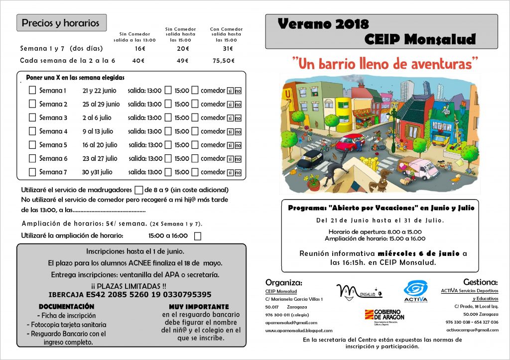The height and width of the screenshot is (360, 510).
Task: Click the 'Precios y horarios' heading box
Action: [x=61, y=23]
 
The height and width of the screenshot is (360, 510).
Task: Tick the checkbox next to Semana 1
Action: [x=32, y=91]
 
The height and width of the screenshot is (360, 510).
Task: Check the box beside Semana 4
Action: [x=32, y=131]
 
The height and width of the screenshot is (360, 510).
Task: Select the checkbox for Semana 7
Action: [x=32, y=172]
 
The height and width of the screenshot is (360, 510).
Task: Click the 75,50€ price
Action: [x=224, y=61]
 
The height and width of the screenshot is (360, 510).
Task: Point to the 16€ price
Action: [x=139, y=49]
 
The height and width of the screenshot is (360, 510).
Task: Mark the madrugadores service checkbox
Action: [x=138, y=190]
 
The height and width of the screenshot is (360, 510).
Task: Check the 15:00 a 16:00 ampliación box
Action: [x=198, y=236]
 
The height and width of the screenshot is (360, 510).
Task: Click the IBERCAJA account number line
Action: [x=130, y=294]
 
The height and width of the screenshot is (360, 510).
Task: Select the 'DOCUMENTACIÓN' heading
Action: [x=66, y=307]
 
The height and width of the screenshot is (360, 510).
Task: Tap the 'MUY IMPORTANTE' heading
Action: [x=199, y=307]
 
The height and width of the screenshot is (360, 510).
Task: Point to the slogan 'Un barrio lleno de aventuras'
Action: [x=384, y=64]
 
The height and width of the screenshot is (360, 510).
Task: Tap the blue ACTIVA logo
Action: [x=415, y=290]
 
